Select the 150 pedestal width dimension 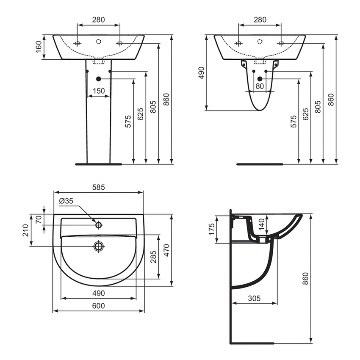[98, 91]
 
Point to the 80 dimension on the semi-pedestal [260, 86]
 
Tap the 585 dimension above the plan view [98, 187]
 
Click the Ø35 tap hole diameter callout [66, 201]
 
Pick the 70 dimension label [39, 219]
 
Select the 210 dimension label [26, 230]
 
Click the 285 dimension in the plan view [154, 257]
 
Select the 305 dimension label [254, 298]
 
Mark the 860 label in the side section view [306, 278]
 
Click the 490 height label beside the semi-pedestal [202, 72]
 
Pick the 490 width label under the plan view [98, 293]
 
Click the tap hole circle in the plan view [99, 225]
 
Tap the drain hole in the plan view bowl [99, 246]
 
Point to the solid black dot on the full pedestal [99, 79]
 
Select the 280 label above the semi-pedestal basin [260, 19]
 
